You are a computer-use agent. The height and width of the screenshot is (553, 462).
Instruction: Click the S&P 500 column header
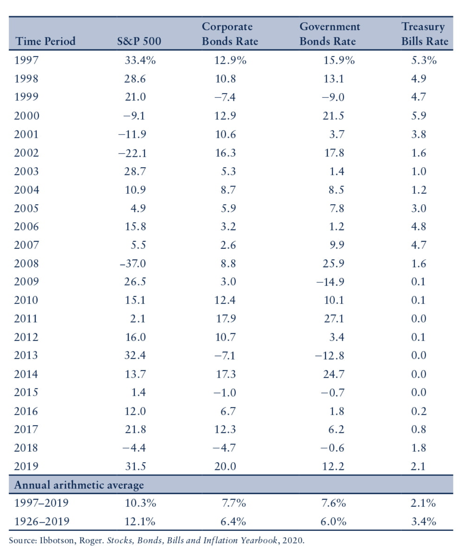point(139,41)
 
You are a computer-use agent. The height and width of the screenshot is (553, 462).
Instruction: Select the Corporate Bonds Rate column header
point(230,34)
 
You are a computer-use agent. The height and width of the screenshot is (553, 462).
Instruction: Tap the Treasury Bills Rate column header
point(425,34)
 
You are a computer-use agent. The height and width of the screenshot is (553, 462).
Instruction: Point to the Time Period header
point(45,41)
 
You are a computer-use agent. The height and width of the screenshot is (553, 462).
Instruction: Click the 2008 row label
point(26,264)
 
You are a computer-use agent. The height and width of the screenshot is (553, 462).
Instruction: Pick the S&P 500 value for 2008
point(133,264)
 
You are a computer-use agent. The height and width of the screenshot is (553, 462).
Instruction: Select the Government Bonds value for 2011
point(334,319)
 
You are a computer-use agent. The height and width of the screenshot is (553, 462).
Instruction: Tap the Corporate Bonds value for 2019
point(225,466)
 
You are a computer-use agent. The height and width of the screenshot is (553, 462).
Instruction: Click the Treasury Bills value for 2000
point(419,116)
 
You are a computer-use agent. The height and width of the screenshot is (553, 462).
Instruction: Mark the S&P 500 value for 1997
point(140,60)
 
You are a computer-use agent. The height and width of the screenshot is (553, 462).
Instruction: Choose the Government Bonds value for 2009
point(330,282)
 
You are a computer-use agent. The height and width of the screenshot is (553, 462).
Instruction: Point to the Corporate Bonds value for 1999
point(225,97)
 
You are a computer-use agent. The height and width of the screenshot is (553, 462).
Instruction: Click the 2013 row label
point(26,355)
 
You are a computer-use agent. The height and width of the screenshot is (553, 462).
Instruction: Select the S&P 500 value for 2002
point(132,153)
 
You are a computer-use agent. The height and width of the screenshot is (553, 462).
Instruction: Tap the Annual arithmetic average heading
point(79,485)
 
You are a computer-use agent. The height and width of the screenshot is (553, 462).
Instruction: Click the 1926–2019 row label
point(42,521)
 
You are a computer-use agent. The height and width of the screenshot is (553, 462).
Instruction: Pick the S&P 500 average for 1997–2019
point(140,503)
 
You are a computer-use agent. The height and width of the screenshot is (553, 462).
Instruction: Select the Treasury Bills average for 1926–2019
point(423,521)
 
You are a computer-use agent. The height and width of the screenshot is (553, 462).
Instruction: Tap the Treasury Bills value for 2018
point(419,448)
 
